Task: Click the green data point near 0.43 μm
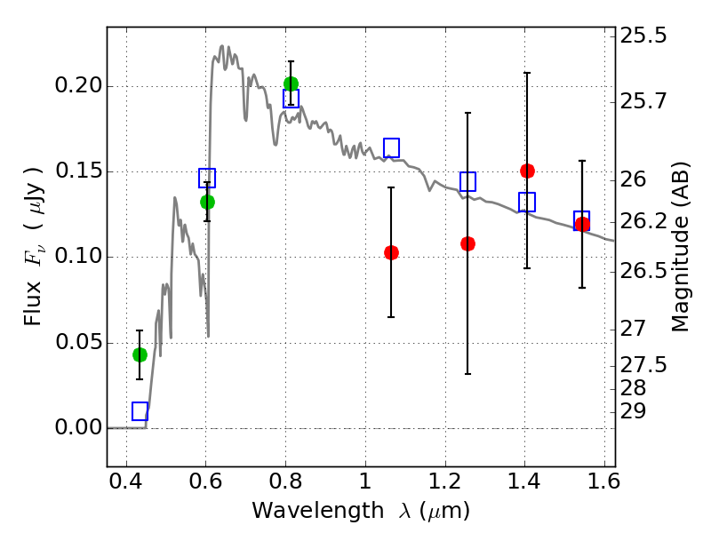pyautogui.click(x=140, y=354)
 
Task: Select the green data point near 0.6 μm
pyautogui.click(x=207, y=202)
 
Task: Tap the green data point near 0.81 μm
pyautogui.click(x=291, y=84)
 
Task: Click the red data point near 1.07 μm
pyautogui.click(x=391, y=252)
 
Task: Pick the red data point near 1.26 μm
pyautogui.click(x=467, y=243)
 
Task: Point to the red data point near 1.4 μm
pyautogui.click(x=527, y=171)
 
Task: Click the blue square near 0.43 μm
pyautogui.click(x=140, y=411)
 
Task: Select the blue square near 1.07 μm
pyautogui.click(x=391, y=147)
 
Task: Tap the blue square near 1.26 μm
pyautogui.click(x=467, y=181)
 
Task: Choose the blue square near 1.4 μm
pyautogui.click(x=527, y=202)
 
